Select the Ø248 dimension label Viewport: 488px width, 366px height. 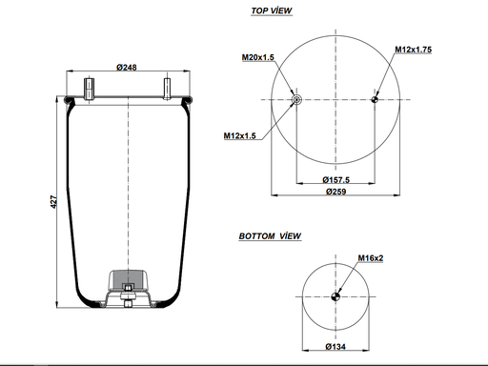[129, 67]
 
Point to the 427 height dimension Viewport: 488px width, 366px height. [54, 203]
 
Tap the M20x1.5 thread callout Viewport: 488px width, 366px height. [258, 57]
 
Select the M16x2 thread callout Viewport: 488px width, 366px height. [371, 258]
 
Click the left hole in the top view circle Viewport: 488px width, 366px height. [296, 100]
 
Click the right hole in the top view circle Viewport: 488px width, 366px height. [376, 100]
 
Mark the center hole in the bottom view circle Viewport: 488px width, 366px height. [335, 296]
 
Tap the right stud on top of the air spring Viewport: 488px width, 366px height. [167, 88]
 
